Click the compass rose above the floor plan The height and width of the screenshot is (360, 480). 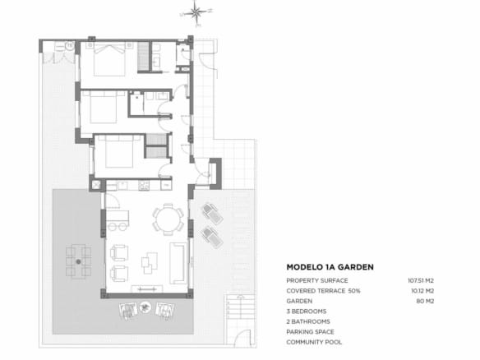(x=196, y=12)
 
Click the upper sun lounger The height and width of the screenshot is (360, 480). (x=210, y=215)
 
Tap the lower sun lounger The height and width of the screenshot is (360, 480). (x=211, y=238)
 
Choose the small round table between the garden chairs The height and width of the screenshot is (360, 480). (x=145, y=309)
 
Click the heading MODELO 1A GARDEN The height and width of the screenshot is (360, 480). (x=330, y=267)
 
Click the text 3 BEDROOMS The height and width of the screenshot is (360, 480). (x=307, y=312)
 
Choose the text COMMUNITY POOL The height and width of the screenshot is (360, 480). (x=314, y=342)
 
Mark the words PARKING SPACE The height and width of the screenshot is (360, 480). (x=311, y=332)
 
